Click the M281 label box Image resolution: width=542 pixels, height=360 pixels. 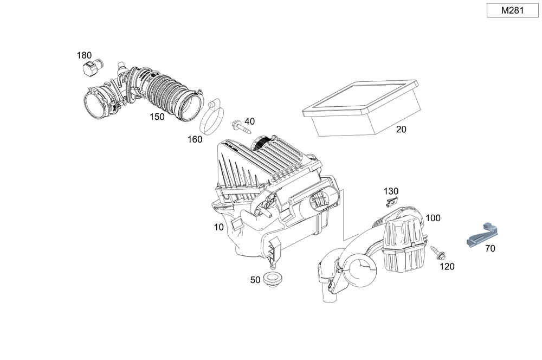pos(512,10)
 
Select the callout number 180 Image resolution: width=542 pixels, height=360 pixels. pos(84,55)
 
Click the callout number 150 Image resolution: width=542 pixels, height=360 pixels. pos(157,116)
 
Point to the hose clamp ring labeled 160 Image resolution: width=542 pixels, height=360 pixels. pos(212,116)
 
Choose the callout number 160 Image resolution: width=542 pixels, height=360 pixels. pos(195,139)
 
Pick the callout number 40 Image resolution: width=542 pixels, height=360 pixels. pos(249,121)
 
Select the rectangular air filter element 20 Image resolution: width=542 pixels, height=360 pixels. pos(362,106)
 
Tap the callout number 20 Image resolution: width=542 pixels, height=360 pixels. pos(401,130)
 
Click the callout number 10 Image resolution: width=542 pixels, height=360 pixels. pos(218,227)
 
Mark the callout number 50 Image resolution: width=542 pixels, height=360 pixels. pos(255,280)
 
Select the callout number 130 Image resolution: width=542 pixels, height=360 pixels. pos(391,191)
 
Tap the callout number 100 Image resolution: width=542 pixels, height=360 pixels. pos(433,218)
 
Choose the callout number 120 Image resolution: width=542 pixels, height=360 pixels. pos(447,266)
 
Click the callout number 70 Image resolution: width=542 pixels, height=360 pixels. pos(490,249)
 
